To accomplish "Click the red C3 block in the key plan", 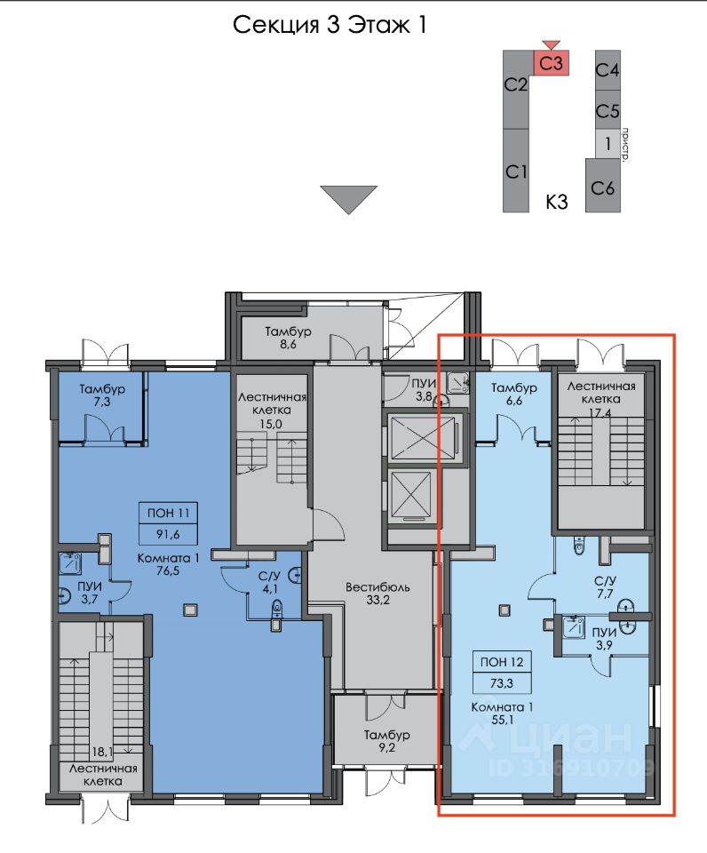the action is (551, 62).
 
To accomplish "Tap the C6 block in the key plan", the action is (602, 186).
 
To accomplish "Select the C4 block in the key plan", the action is (608, 70).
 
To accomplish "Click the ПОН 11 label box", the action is (168, 513).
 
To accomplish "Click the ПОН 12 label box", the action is (502, 661).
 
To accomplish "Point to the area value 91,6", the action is (168, 534).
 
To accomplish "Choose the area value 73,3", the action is (502, 683).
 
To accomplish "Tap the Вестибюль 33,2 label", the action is (377, 594).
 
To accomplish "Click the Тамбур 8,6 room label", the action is (289, 338).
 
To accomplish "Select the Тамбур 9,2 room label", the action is (386, 741).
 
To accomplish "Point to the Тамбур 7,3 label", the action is (102, 395).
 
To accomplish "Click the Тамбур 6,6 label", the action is (514, 394).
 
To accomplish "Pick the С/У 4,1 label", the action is (270, 582).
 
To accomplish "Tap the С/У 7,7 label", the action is (605, 587).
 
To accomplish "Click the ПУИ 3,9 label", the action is (604, 639).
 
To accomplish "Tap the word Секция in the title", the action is (275, 25).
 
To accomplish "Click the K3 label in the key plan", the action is (556, 202).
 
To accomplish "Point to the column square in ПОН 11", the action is (189, 610).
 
